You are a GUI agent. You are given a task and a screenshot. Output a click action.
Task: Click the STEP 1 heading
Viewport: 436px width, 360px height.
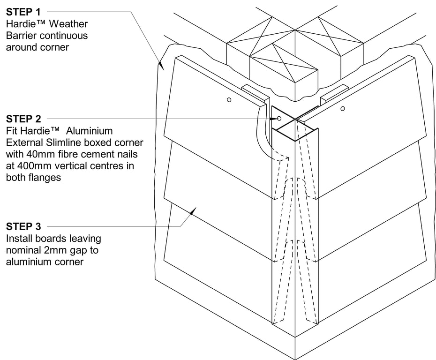23,11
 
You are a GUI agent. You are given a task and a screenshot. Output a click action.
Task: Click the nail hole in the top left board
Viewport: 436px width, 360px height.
229,100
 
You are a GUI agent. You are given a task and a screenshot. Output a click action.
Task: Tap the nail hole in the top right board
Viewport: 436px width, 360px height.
343,109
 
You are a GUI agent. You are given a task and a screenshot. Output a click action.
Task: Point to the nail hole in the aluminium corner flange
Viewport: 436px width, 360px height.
279,119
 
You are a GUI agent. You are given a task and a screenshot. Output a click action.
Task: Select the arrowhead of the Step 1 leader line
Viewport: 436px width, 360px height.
160,65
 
